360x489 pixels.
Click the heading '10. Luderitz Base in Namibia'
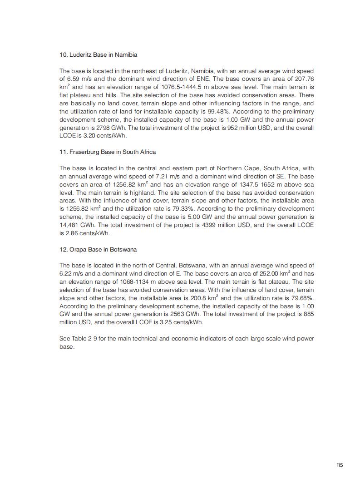(98, 55)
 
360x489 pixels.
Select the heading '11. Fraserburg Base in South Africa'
(108, 152)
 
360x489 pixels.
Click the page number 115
(340, 465)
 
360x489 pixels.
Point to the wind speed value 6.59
(74, 79)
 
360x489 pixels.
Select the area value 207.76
(305, 79)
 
